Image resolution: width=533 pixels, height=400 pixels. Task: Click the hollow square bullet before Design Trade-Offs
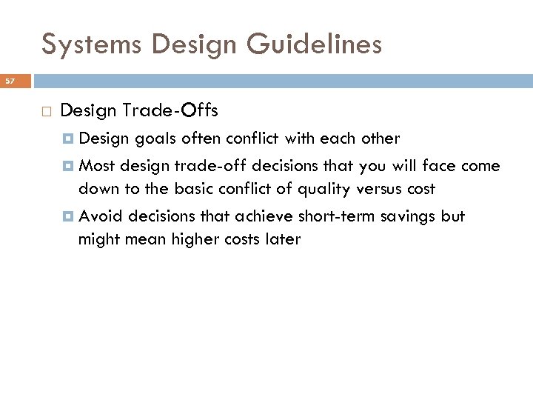(x=46, y=112)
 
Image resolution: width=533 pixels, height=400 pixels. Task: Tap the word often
(x=200, y=139)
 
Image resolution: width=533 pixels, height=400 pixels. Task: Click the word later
(x=282, y=239)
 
